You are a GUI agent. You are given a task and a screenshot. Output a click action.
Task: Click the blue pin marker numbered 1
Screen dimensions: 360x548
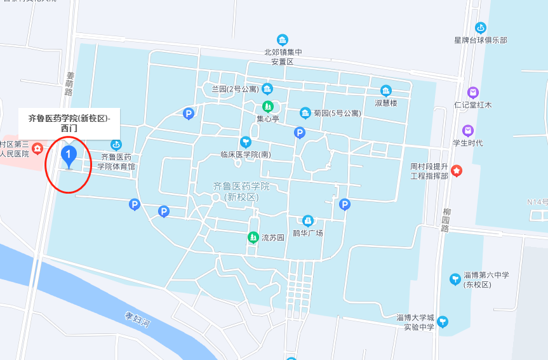pyautogui.click(x=68, y=156)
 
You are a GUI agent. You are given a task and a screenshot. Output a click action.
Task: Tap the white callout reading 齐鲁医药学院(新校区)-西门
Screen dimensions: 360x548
pyautogui.click(x=69, y=123)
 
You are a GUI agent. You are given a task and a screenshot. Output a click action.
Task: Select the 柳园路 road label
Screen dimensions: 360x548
pyautogui.click(x=445, y=219)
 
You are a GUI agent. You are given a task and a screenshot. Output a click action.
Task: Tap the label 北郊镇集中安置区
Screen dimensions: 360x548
pyautogui.click(x=283, y=57)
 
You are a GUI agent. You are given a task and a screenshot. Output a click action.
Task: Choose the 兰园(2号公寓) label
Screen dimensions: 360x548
pyautogui.click(x=235, y=89)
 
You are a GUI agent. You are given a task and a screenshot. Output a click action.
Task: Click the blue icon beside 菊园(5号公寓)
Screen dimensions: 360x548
pyautogui.click(x=305, y=113)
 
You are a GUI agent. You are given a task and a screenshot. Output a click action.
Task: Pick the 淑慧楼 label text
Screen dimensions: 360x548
pyautogui.click(x=385, y=103)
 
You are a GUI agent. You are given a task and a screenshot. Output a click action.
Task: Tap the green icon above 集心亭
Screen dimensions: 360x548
pyautogui.click(x=268, y=106)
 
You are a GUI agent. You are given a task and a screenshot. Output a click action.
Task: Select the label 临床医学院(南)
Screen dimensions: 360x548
pyautogui.click(x=246, y=154)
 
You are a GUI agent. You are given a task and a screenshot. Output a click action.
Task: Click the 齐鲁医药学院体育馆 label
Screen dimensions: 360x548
pyautogui.click(x=116, y=161)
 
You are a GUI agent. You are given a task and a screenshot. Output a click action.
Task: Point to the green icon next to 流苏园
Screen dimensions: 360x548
pyautogui.click(x=253, y=237)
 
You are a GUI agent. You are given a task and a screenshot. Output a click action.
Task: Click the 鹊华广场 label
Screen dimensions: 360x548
pyautogui.click(x=308, y=233)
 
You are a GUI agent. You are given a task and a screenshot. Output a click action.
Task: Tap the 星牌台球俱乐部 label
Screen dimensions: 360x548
pyautogui.click(x=481, y=40)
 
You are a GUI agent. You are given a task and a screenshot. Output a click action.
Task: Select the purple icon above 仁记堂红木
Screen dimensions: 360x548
pyautogui.click(x=472, y=93)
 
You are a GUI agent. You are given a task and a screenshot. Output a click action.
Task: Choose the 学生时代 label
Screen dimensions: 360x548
pyautogui.click(x=468, y=143)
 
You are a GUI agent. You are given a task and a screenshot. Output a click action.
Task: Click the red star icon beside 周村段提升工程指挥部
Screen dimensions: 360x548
pyautogui.click(x=457, y=171)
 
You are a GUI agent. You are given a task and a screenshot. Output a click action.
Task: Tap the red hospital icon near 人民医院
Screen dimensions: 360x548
pyautogui.click(x=37, y=149)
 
